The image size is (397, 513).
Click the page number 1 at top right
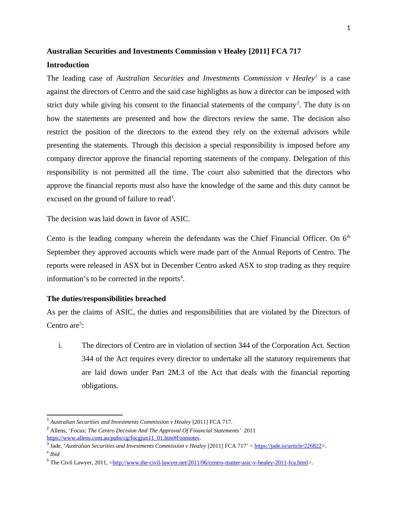(x=349, y=28)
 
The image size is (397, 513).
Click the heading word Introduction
(x=68, y=65)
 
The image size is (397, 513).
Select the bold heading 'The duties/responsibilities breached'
(x=106, y=299)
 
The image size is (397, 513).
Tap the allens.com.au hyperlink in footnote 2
(x=123, y=438)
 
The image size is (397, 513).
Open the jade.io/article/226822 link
(x=288, y=446)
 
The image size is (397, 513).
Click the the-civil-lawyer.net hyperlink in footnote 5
(x=210, y=463)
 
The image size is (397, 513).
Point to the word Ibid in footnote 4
(x=55, y=454)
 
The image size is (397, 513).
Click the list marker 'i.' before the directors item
(x=60, y=345)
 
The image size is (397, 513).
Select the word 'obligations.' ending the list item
(x=100, y=386)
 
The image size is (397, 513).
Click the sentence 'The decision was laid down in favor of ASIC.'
(x=118, y=219)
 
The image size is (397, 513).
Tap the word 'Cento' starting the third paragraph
(x=56, y=239)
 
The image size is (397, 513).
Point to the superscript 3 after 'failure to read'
(x=172, y=197)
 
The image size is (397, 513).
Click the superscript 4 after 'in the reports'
(x=181, y=277)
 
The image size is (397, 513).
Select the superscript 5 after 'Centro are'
(x=80, y=323)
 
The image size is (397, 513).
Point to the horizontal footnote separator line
(x=85, y=415)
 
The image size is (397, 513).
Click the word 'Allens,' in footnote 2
(x=59, y=431)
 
